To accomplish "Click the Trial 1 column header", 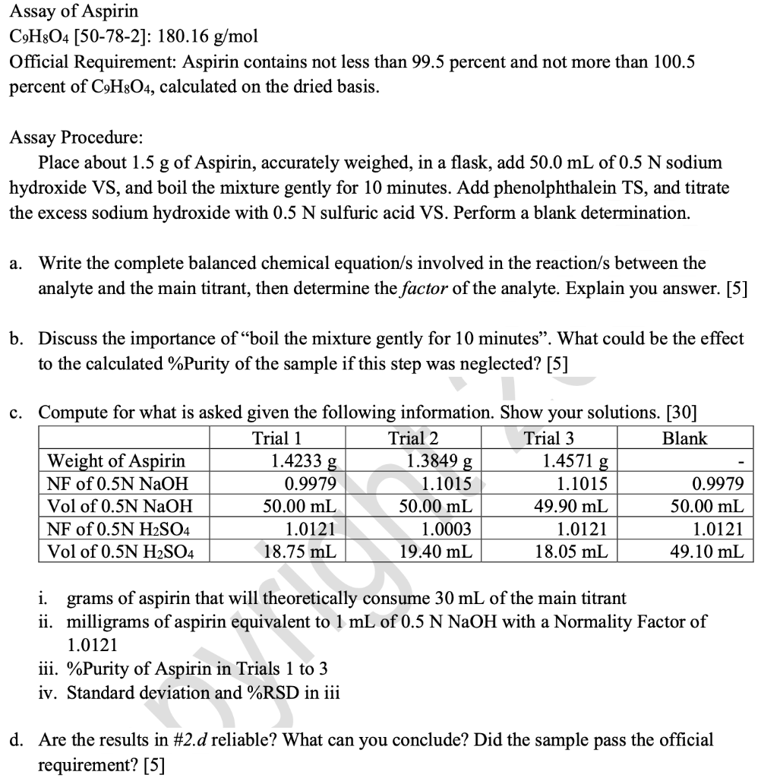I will (x=276, y=438).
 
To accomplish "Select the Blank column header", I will (x=684, y=438).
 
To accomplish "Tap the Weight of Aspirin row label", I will (x=116, y=460).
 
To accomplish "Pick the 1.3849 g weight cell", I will (x=440, y=460).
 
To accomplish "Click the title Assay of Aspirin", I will (x=63, y=12).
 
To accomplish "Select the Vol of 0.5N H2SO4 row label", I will (x=120, y=551).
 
